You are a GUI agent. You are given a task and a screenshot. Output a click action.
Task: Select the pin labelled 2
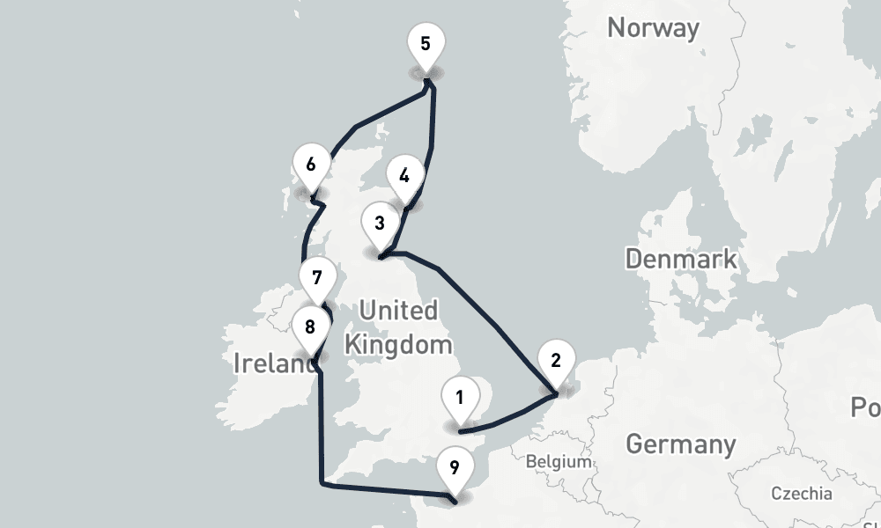(x=555, y=361)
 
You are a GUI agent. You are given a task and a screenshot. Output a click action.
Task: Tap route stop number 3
(x=379, y=224)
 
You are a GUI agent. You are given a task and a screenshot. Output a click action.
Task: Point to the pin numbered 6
(x=310, y=165)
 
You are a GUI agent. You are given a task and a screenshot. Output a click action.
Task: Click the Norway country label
(x=653, y=27)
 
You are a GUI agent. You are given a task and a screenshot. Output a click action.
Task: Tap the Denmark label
(x=680, y=259)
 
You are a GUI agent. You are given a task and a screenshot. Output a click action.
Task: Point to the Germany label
(x=680, y=444)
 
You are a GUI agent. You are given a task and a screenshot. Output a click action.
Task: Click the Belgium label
(x=558, y=461)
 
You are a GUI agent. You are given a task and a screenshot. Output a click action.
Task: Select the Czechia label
(x=801, y=493)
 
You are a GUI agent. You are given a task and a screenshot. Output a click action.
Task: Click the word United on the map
(x=398, y=311)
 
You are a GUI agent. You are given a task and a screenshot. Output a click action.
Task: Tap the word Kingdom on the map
(x=398, y=343)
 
